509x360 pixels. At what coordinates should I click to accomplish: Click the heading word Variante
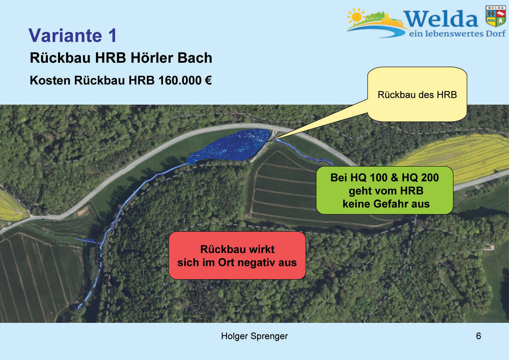point(65,35)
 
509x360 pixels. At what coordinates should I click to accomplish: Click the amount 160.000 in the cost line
point(180,80)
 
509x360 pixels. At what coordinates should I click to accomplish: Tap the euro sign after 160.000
point(208,80)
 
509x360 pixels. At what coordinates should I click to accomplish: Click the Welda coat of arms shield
point(496,16)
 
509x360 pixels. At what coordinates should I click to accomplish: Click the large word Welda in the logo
point(440,19)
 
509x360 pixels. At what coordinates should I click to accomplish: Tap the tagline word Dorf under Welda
point(495,34)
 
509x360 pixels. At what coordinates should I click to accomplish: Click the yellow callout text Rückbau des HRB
point(417,95)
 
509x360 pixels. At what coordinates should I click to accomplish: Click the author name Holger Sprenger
point(254,336)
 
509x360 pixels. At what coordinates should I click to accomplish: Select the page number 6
point(478,336)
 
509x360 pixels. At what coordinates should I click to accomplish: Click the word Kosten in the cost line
point(50,80)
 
